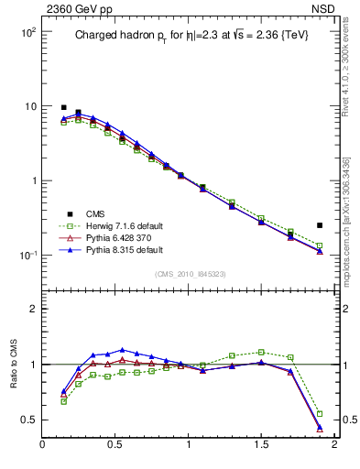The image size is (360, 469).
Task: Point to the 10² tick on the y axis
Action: [x=27, y=32]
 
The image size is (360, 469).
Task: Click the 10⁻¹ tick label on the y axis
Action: [x=27, y=256]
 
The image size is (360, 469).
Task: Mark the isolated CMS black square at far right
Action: [x=320, y=225]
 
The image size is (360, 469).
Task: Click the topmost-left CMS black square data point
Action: [x=63, y=107]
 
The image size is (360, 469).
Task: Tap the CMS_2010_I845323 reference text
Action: [x=188, y=273]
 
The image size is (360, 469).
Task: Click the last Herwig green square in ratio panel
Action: [x=320, y=414]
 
